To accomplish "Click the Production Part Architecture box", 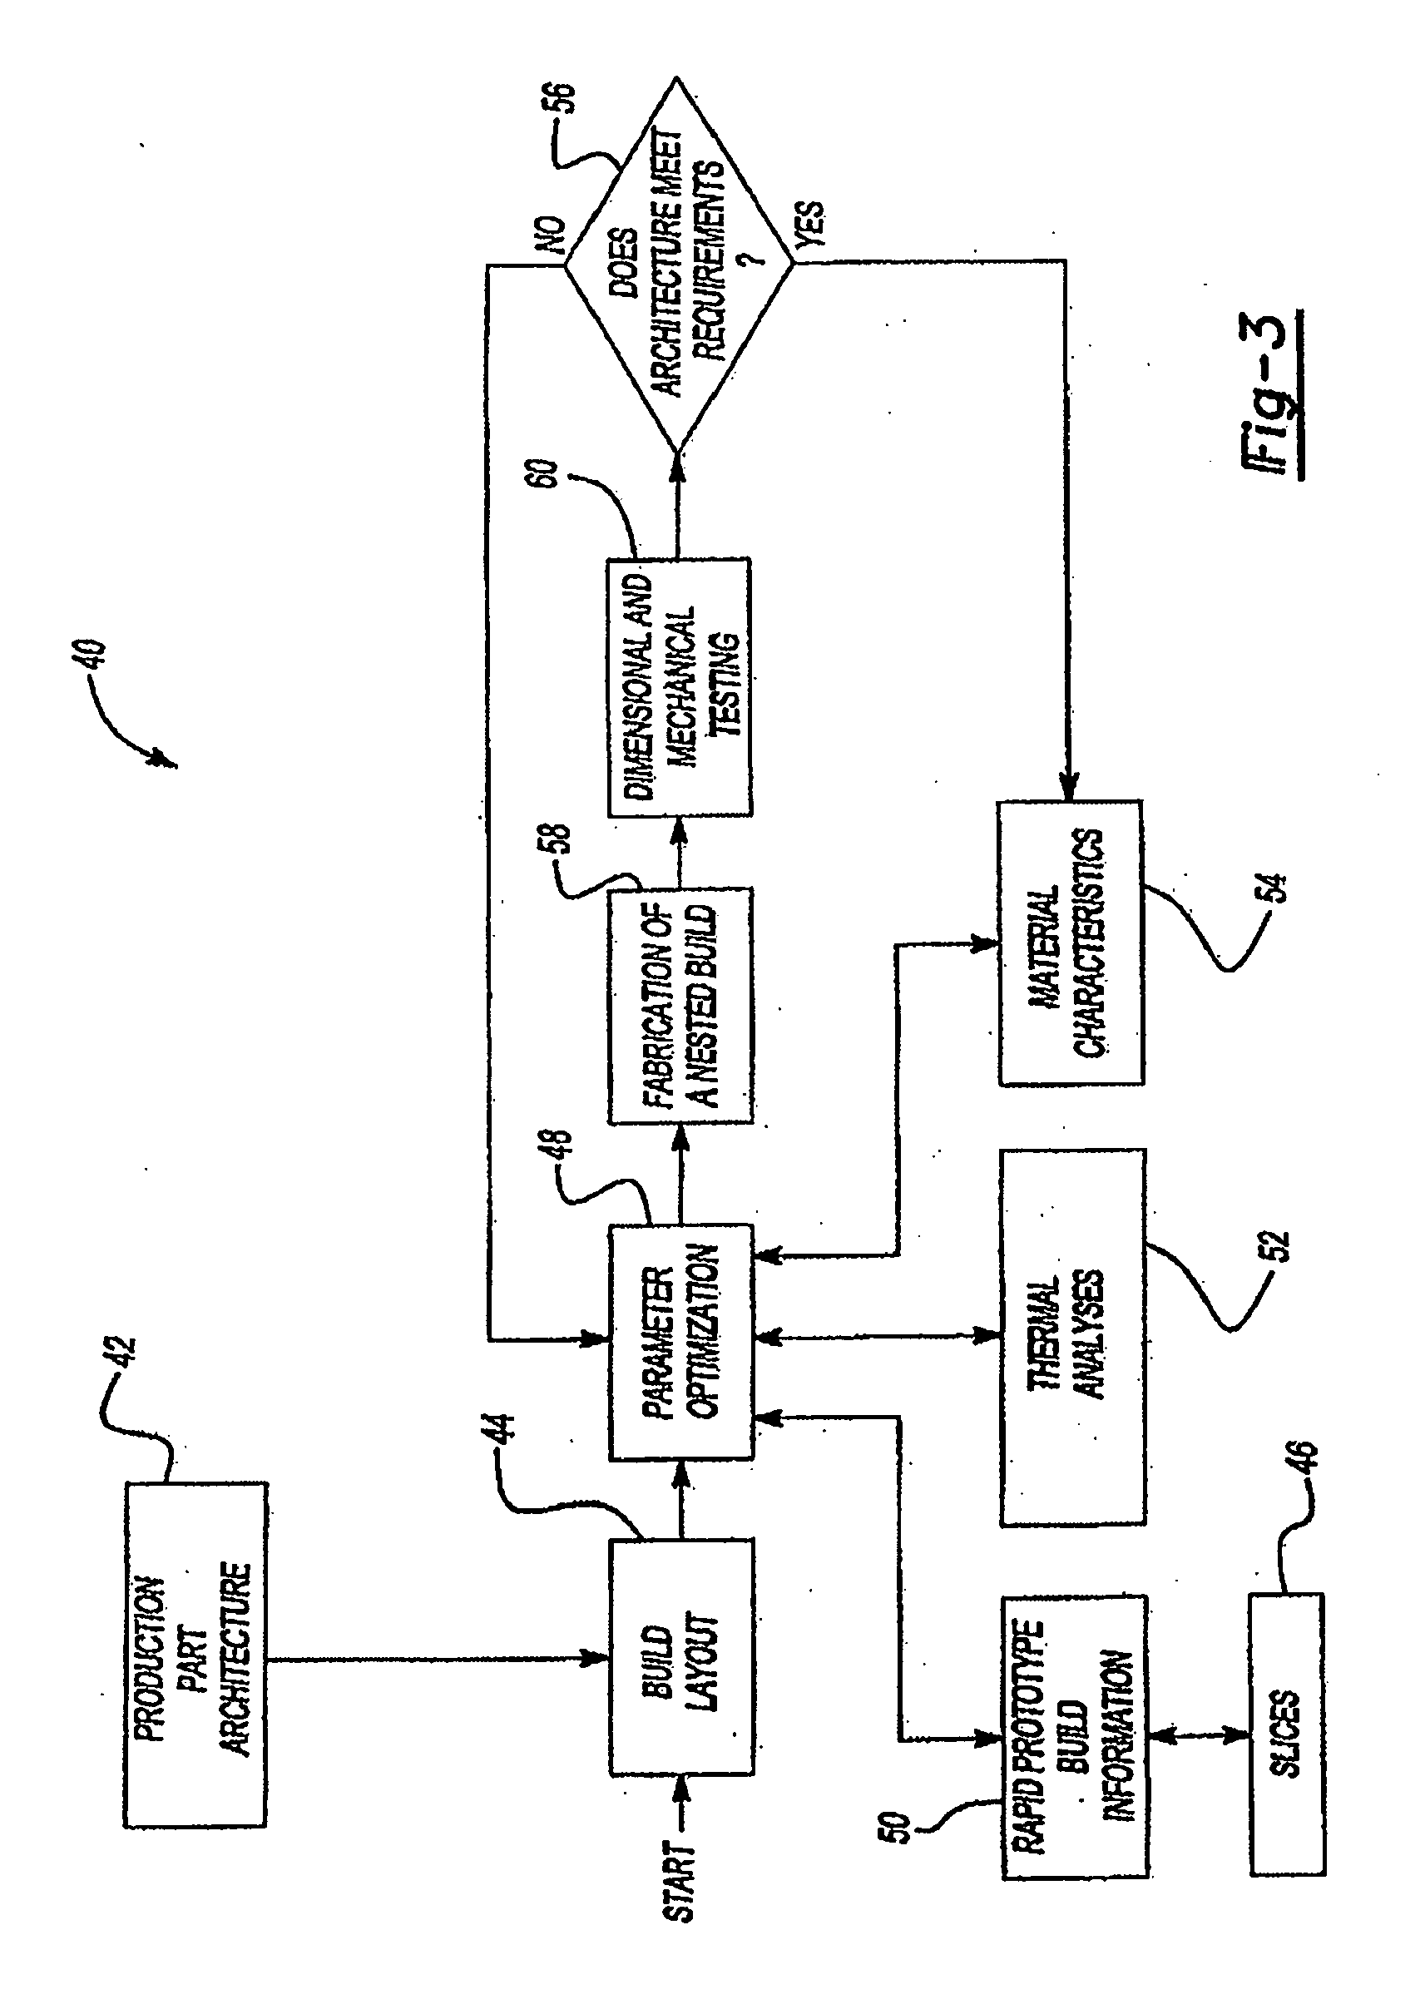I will (x=195, y=1655).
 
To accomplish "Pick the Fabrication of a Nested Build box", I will (x=681, y=1006).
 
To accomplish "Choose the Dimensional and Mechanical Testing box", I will (x=679, y=686).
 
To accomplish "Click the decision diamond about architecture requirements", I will (x=677, y=263).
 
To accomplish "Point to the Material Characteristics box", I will (x=1071, y=943).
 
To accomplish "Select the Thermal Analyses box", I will (x=1072, y=1337).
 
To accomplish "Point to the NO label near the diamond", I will (x=555, y=235).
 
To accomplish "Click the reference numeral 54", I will (x=1277, y=888).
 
